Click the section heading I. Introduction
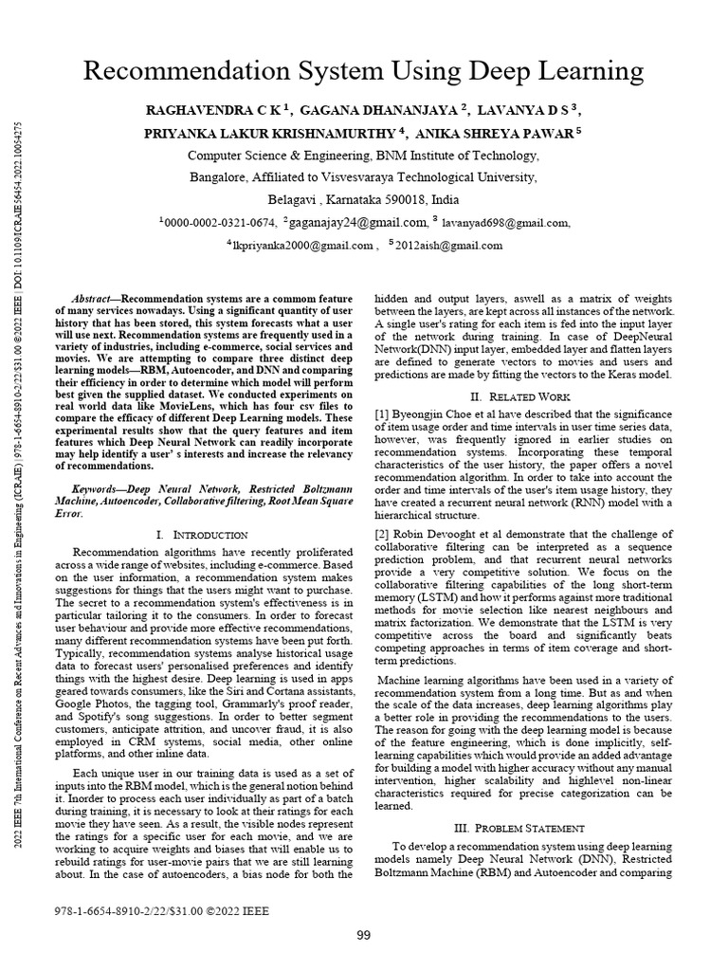click(201, 536)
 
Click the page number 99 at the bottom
click(363, 936)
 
